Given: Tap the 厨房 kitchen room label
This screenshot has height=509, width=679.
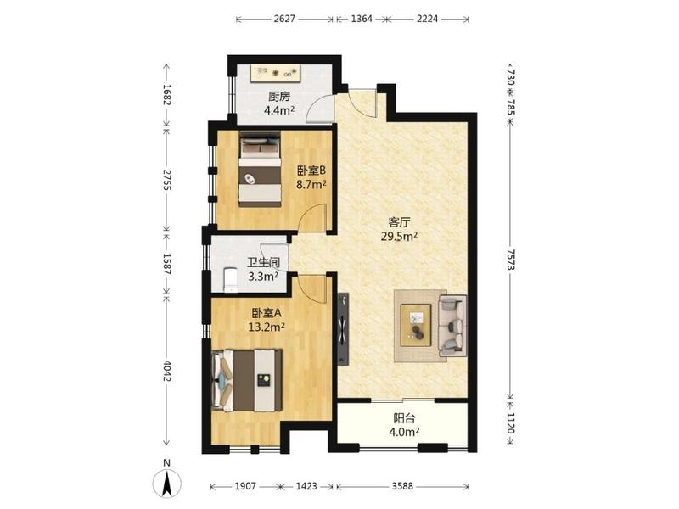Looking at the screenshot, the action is [x=279, y=97].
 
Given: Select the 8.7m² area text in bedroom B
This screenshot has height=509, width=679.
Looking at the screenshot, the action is [x=311, y=185].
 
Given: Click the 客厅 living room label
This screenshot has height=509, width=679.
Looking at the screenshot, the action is [x=399, y=222].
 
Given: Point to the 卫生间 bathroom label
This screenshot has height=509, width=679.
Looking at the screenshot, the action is [x=263, y=262].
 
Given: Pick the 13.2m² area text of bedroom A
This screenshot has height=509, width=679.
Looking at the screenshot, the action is [x=267, y=327].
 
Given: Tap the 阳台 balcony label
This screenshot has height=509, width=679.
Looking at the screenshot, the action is [x=405, y=418].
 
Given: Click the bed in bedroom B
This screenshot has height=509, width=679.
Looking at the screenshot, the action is [x=260, y=169].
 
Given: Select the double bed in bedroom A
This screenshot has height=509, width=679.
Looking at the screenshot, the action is [x=247, y=380].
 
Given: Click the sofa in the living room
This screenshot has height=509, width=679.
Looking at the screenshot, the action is [x=452, y=326].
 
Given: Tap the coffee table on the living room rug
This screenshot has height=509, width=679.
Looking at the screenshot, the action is [x=416, y=325].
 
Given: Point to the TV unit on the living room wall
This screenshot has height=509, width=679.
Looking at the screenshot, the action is [x=343, y=329].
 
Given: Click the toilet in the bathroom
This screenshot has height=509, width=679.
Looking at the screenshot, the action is [x=230, y=280].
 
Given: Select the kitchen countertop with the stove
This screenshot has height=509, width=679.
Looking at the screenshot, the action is [x=276, y=73].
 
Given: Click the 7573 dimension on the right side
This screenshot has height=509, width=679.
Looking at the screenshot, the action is [x=511, y=260].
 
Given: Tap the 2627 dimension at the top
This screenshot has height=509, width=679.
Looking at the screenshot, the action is [x=284, y=19].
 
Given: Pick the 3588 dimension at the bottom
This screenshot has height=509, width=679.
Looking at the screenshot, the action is [x=402, y=486].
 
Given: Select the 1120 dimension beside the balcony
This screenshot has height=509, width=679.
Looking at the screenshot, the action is [x=511, y=422].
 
